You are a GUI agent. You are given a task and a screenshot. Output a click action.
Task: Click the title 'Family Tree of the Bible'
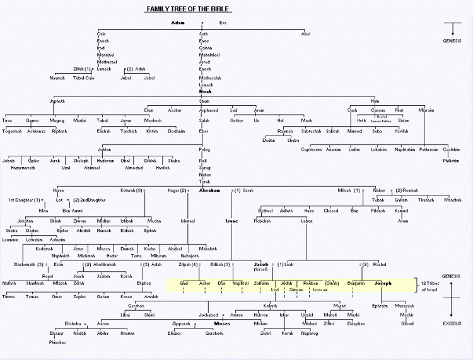click(187, 9)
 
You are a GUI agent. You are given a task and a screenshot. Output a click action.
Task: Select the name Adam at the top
click(177, 23)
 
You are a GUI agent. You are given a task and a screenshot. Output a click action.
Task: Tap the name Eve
click(223, 23)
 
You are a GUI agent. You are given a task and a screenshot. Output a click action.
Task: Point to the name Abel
click(306, 33)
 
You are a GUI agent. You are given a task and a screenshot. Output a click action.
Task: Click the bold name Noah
click(205, 91)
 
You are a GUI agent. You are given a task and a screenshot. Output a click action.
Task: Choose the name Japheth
click(57, 101)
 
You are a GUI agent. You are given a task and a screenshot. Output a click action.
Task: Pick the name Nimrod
click(354, 131)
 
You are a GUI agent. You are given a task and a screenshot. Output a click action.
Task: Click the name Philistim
click(451, 160)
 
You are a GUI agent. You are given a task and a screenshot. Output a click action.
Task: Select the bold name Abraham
click(209, 190)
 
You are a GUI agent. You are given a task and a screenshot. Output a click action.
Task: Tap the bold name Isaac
click(231, 221)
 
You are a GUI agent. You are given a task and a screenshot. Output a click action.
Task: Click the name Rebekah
click(263, 221)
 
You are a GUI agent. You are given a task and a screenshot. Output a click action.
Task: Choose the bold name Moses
click(221, 323)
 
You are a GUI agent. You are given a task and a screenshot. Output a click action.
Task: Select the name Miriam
click(260, 323)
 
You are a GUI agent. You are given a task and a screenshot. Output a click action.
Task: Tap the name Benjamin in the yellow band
click(356, 284)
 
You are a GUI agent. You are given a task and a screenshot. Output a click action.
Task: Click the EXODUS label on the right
click(452, 325)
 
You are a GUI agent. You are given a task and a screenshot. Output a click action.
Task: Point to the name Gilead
click(407, 323)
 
